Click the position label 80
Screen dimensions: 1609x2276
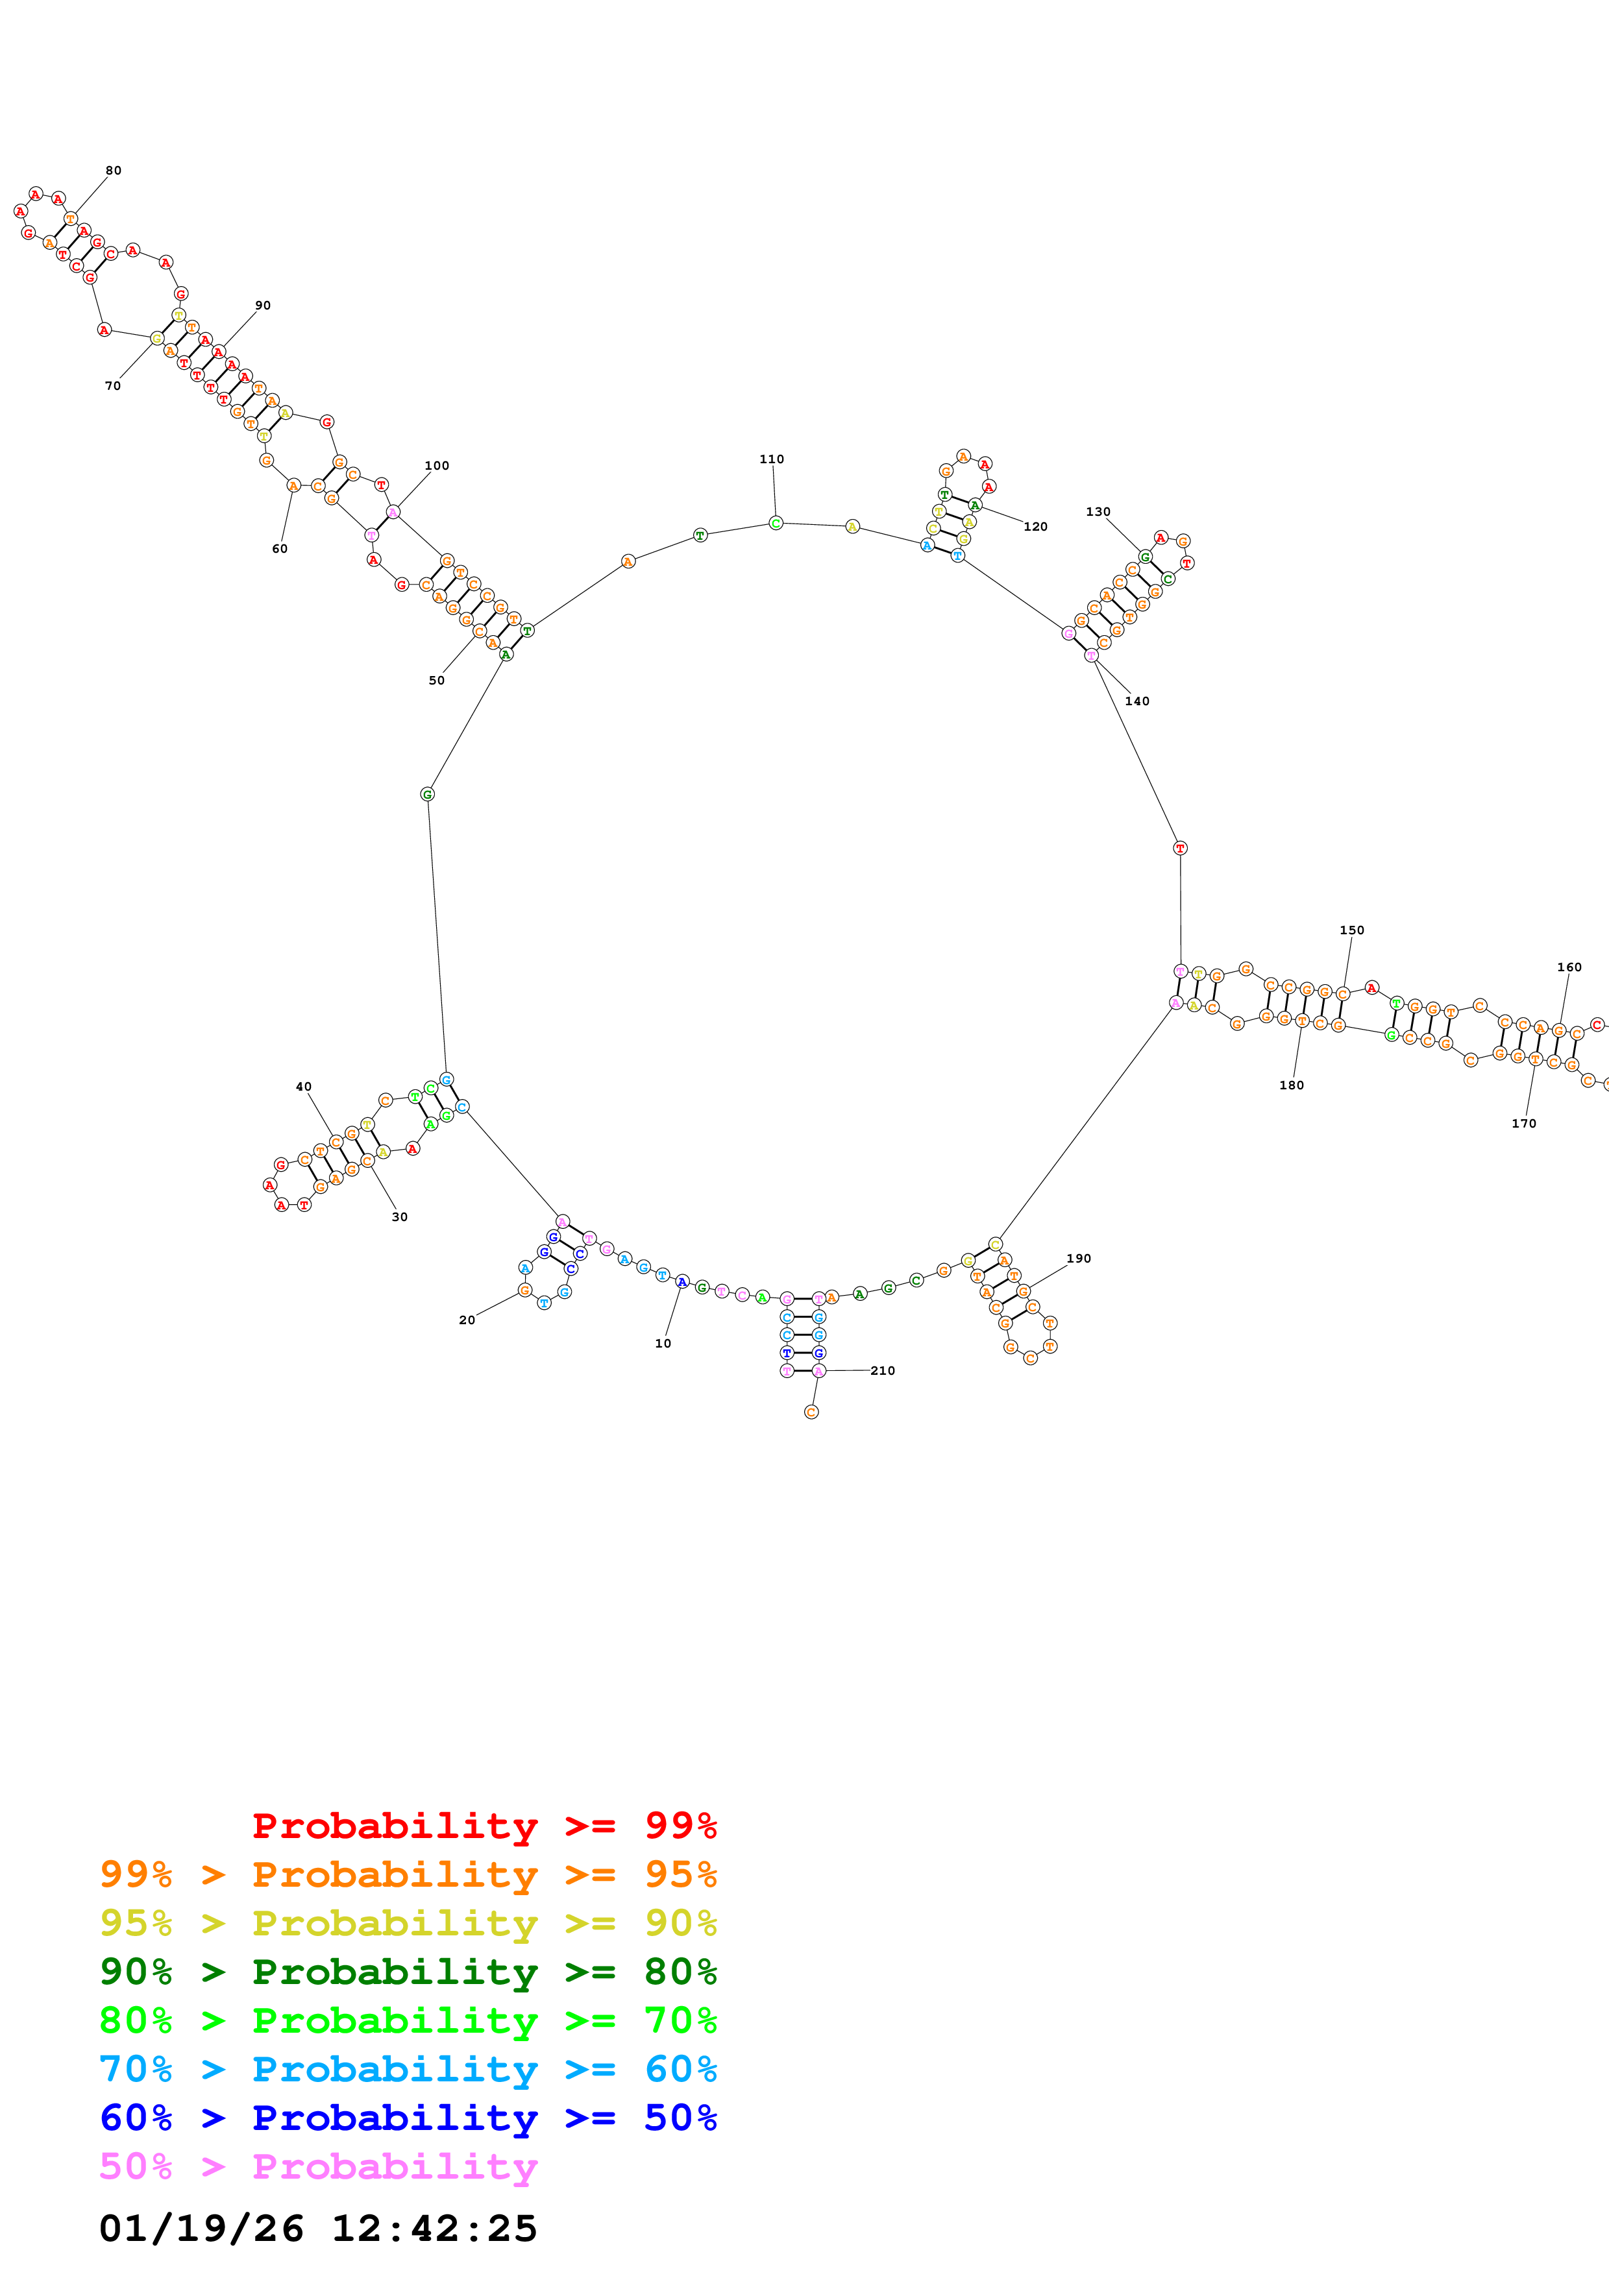pyautogui.click(x=113, y=171)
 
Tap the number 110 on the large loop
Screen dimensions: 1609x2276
pyautogui.click(x=771, y=459)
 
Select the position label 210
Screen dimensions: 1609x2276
pyautogui.click(x=882, y=1370)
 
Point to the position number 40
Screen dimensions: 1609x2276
pyautogui.click(x=303, y=1087)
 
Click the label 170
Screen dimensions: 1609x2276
pyautogui.click(x=1524, y=1123)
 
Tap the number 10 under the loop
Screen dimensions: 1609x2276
pyautogui.click(x=662, y=1343)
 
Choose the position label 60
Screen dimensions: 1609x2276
pyautogui.click(x=280, y=548)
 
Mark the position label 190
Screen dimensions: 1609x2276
pyautogui.click(x=1079, y=1258)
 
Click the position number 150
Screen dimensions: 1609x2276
pyautogui.click(x=1351, y=930)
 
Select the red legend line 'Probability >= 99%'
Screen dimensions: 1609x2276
pyautogui.click(x=484, y=1825)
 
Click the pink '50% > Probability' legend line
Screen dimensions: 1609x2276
pyautogui.click(x=317, y=2166)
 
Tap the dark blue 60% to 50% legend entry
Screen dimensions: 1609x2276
pyautogui.click(x=408, y=2118)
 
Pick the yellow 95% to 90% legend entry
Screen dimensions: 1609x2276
pyautogui.click(x=408, y=1923)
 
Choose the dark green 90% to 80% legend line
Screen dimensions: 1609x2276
pyautogui.click(x=408, y=1972)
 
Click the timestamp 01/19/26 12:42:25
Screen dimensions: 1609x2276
pyautogui.click(x=317, y=2229)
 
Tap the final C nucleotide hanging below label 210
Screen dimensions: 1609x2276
pyautogui.click(x=811, y=1412)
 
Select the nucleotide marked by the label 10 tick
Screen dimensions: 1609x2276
pyautogui.click(x=682, y=1282)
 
